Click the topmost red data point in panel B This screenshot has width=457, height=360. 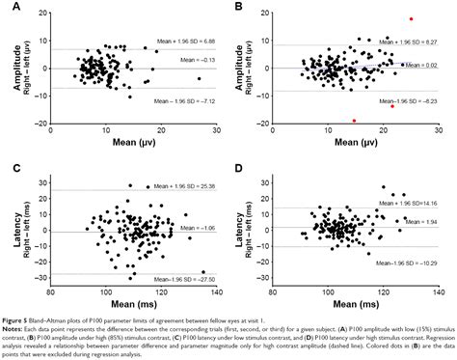point(412,18)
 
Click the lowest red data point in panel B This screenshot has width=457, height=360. point(355,121)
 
